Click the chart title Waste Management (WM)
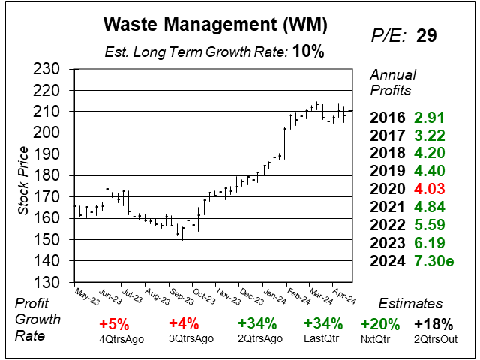(x=214, y=25)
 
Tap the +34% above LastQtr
(x=323, y=324)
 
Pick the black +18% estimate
(x=434, y=324)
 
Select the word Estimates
(x=409, y=304)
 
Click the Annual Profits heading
(x=391, y=82)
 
